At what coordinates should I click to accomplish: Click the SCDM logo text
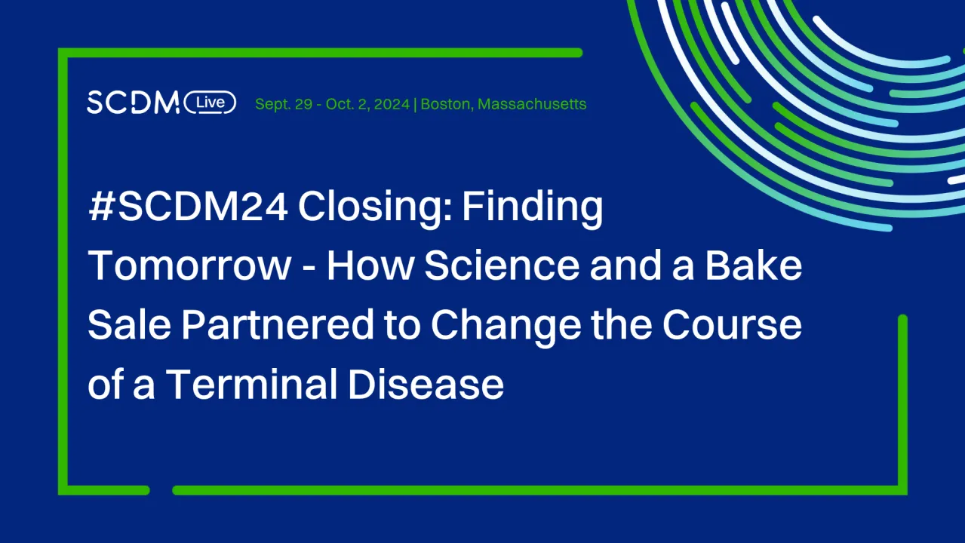click(132, 102)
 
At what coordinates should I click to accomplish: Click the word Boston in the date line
click(445, 104)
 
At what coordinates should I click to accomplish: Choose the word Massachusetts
click(532, 104)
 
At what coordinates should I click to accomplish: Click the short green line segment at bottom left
click(106, 490)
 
